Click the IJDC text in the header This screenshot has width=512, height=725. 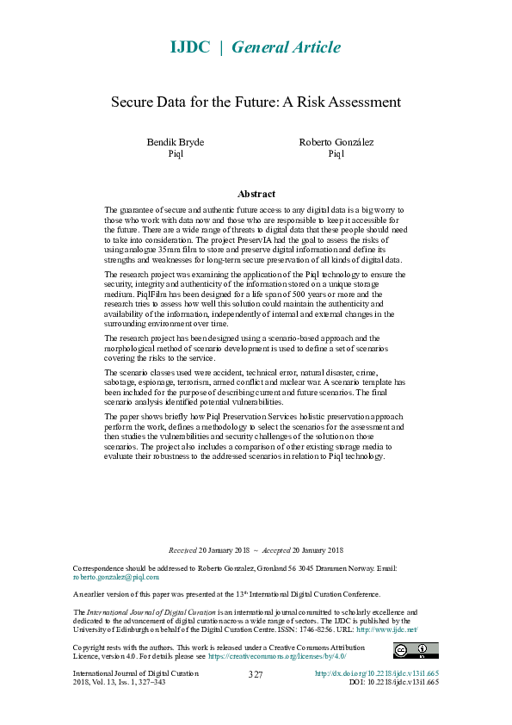pyautogui.click(x=188, y=47)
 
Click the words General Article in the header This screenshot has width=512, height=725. pyautogui.click(x=281, y=47)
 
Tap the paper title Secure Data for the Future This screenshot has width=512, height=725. pyautogui.click(x=256, y=102)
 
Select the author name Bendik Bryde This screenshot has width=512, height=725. pyautogui.click(x=176, y=142)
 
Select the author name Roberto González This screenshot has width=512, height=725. pyautogui.click(x=336, y=142)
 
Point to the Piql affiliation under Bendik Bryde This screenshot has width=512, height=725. pyautogui.click(x=176, y=154)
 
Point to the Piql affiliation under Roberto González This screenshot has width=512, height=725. pyautogui.click(x=336, y=154)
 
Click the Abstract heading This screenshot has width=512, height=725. pyautogui.click(x=256, y=195)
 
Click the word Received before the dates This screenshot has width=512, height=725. pyautogui.click(x=182, y=550)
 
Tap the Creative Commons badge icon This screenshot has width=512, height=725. pyautogui.click(x=416, y=650)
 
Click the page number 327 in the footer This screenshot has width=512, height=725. pyautogui.click(x=255, y=675)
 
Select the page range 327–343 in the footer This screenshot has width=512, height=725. pyautogui.click(x=150, y=681)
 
